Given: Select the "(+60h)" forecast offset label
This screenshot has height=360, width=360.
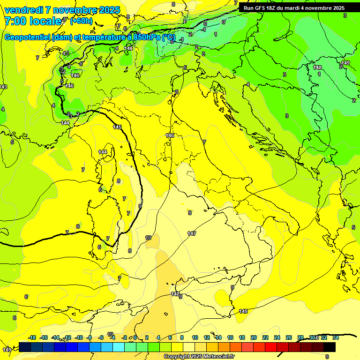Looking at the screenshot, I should [81, 21].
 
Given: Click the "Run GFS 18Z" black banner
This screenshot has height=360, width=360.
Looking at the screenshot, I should [294, 7].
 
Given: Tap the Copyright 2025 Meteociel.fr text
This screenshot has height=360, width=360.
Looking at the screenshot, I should [198, 356].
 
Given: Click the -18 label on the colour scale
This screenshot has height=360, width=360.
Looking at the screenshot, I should [32, 337].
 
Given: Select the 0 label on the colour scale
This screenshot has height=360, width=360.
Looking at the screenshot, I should [135, 337].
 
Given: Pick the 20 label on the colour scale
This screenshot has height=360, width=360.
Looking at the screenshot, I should [253, 337].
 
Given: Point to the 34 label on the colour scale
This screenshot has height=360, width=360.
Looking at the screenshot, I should [336, 337].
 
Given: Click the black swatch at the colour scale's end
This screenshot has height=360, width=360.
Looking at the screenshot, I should [329, 347].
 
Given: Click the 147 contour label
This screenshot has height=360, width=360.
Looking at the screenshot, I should [191, 233].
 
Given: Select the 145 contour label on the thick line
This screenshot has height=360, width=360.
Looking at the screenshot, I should [118, 127].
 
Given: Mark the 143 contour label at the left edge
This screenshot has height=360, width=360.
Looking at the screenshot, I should [3, 87].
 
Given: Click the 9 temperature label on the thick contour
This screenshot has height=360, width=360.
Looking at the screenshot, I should [140, 206].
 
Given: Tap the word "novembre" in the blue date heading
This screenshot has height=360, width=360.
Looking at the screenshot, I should [73, 10].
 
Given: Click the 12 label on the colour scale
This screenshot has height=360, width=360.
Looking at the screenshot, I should [207, 337].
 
